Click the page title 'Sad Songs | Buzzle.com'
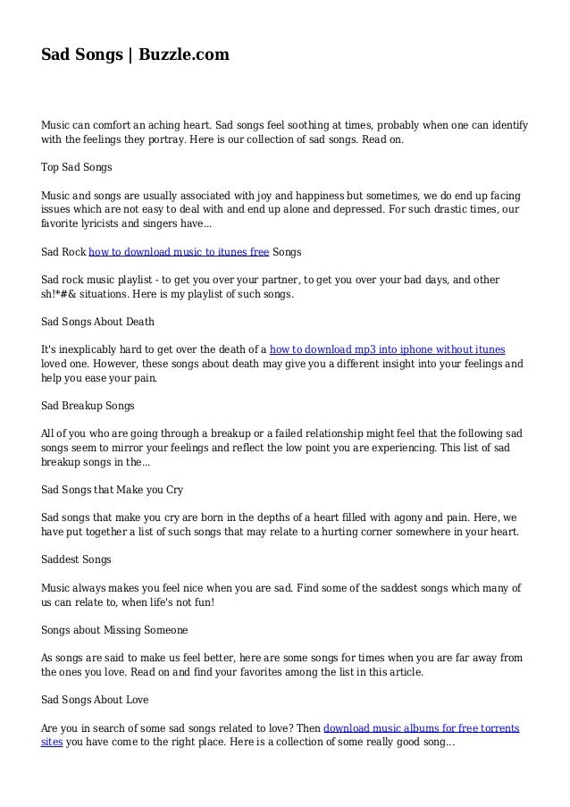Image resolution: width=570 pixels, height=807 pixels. click(x=135, y=55)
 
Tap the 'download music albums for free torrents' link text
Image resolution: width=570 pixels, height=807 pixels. click(x=422, y=727)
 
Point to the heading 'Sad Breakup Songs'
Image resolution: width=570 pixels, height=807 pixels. click(x=88, y=405)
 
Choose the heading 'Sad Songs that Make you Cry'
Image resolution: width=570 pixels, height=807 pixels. click(x=112, y=491)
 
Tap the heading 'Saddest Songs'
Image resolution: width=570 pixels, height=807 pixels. click(x=76, y=559)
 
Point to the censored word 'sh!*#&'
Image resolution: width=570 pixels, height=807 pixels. click(x=60, y=295)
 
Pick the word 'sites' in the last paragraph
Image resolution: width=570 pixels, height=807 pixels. click(x=52, y=742)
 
